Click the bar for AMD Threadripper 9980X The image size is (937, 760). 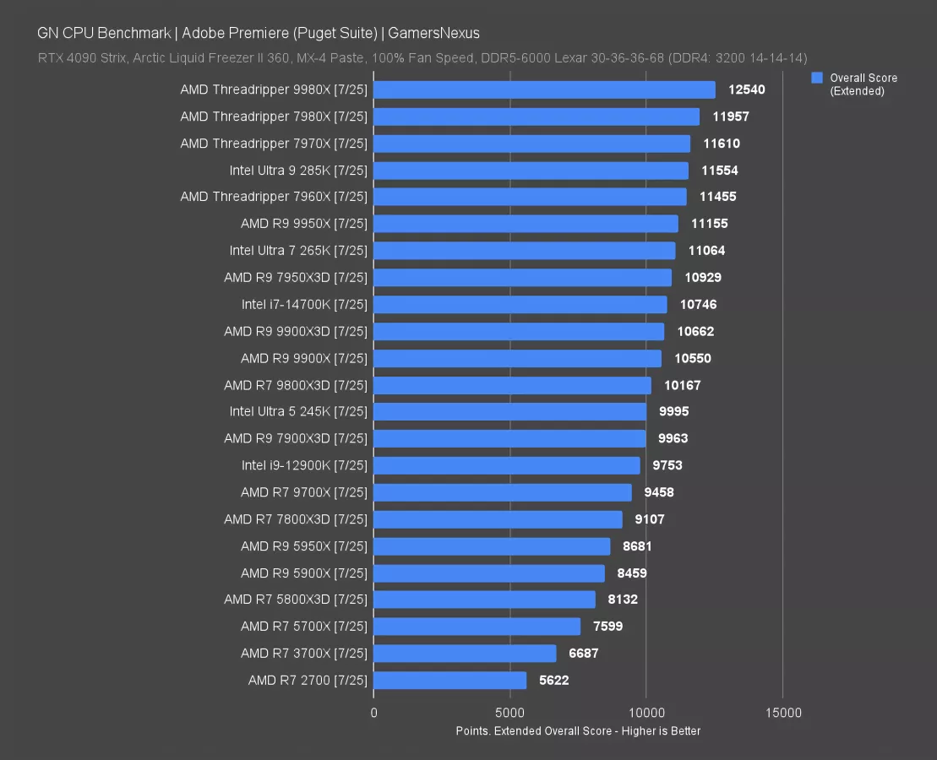544,90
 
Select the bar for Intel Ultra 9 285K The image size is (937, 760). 531,171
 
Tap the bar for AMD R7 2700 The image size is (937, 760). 449,681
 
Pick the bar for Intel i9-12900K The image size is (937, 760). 507,465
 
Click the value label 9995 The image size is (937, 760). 674,411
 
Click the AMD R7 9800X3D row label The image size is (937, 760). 296,385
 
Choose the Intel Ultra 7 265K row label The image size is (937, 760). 298,251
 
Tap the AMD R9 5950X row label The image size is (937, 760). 304,546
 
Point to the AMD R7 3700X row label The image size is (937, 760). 304,654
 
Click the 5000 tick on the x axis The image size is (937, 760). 510,713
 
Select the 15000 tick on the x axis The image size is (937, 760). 783,713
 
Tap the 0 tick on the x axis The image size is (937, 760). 374,713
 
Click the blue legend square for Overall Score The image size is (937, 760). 817,78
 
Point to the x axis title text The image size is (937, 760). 578,731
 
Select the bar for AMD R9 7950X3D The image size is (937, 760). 522,278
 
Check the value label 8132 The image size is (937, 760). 621,600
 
